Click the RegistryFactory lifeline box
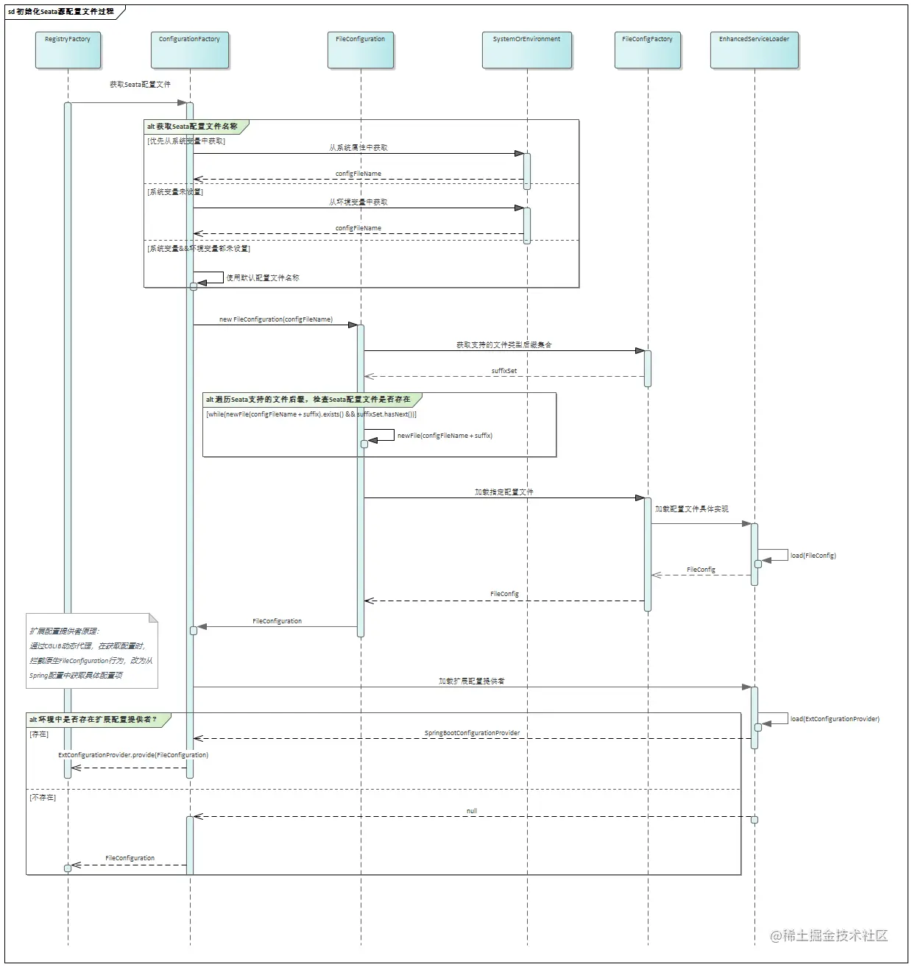(68, 50)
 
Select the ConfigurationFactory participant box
(190, 50)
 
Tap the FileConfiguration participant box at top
(361, 50)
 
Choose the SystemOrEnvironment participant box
(527, 50)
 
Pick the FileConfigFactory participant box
(648, 50)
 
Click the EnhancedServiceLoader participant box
(754, 50)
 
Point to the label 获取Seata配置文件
(140, 85)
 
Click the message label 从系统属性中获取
(358, 148)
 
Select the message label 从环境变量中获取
(358, 202)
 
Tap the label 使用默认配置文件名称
(263, 278)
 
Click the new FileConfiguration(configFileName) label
(276, 319)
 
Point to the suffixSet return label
(504, 371)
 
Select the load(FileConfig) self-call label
(813, 556)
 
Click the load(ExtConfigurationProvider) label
(835, 719)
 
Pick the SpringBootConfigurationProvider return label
(472, 733)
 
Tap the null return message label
(472, 811)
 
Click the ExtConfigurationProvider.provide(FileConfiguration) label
(133, 755)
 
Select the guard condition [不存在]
(43, 798)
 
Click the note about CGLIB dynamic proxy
(92, 652)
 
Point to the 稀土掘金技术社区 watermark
(830, 935)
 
